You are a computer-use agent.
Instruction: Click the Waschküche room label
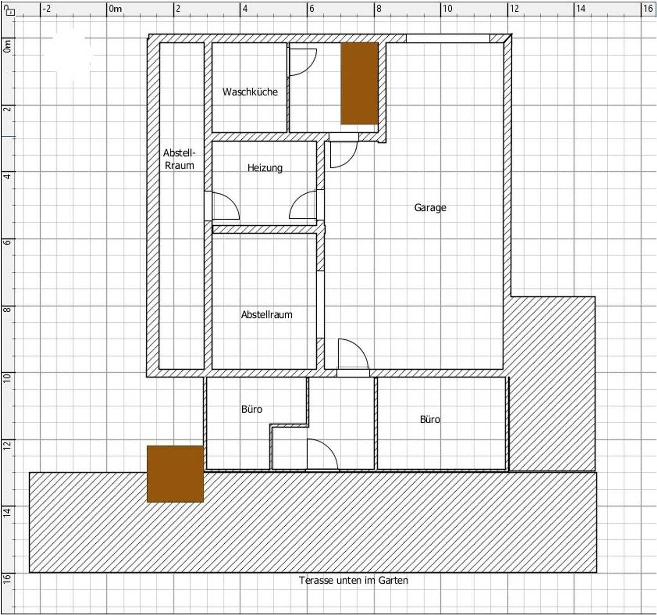point(250,92)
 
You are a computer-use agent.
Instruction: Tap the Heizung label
point(265,168)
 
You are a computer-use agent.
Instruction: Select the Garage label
point(430,207)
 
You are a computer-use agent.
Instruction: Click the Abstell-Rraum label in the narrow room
point(179,159)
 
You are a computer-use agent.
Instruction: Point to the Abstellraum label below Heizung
point(266,314)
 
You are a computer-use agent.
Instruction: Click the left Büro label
point(252,409)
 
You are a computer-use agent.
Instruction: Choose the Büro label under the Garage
point(430,419)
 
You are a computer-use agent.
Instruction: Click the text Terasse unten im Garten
point(354,580)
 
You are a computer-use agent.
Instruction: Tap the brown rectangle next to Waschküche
point(360,83)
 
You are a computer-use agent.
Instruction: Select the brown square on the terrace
point(175,474)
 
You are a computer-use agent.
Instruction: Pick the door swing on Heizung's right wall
point(303,205)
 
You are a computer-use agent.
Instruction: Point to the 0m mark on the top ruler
point(115,8)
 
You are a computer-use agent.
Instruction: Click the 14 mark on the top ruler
point(580,8)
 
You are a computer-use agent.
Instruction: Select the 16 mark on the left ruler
point(7,577)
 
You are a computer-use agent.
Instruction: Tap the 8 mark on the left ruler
point(7,309)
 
